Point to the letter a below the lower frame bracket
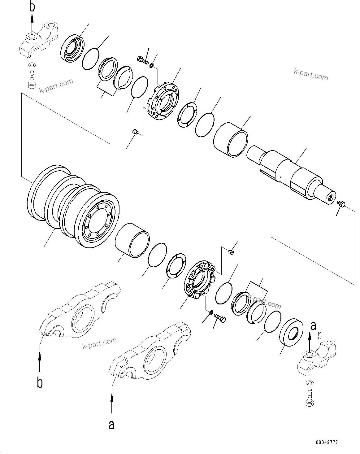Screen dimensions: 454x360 pyautogui.click(x=111, y=425)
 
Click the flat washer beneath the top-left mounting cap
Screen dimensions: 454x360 pyautogui.click(x=31, y=65)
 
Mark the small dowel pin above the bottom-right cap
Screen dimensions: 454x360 pyautogui.click(x=320, y=335)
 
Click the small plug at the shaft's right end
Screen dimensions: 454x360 pyautogui.click(x=341, y=203)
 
